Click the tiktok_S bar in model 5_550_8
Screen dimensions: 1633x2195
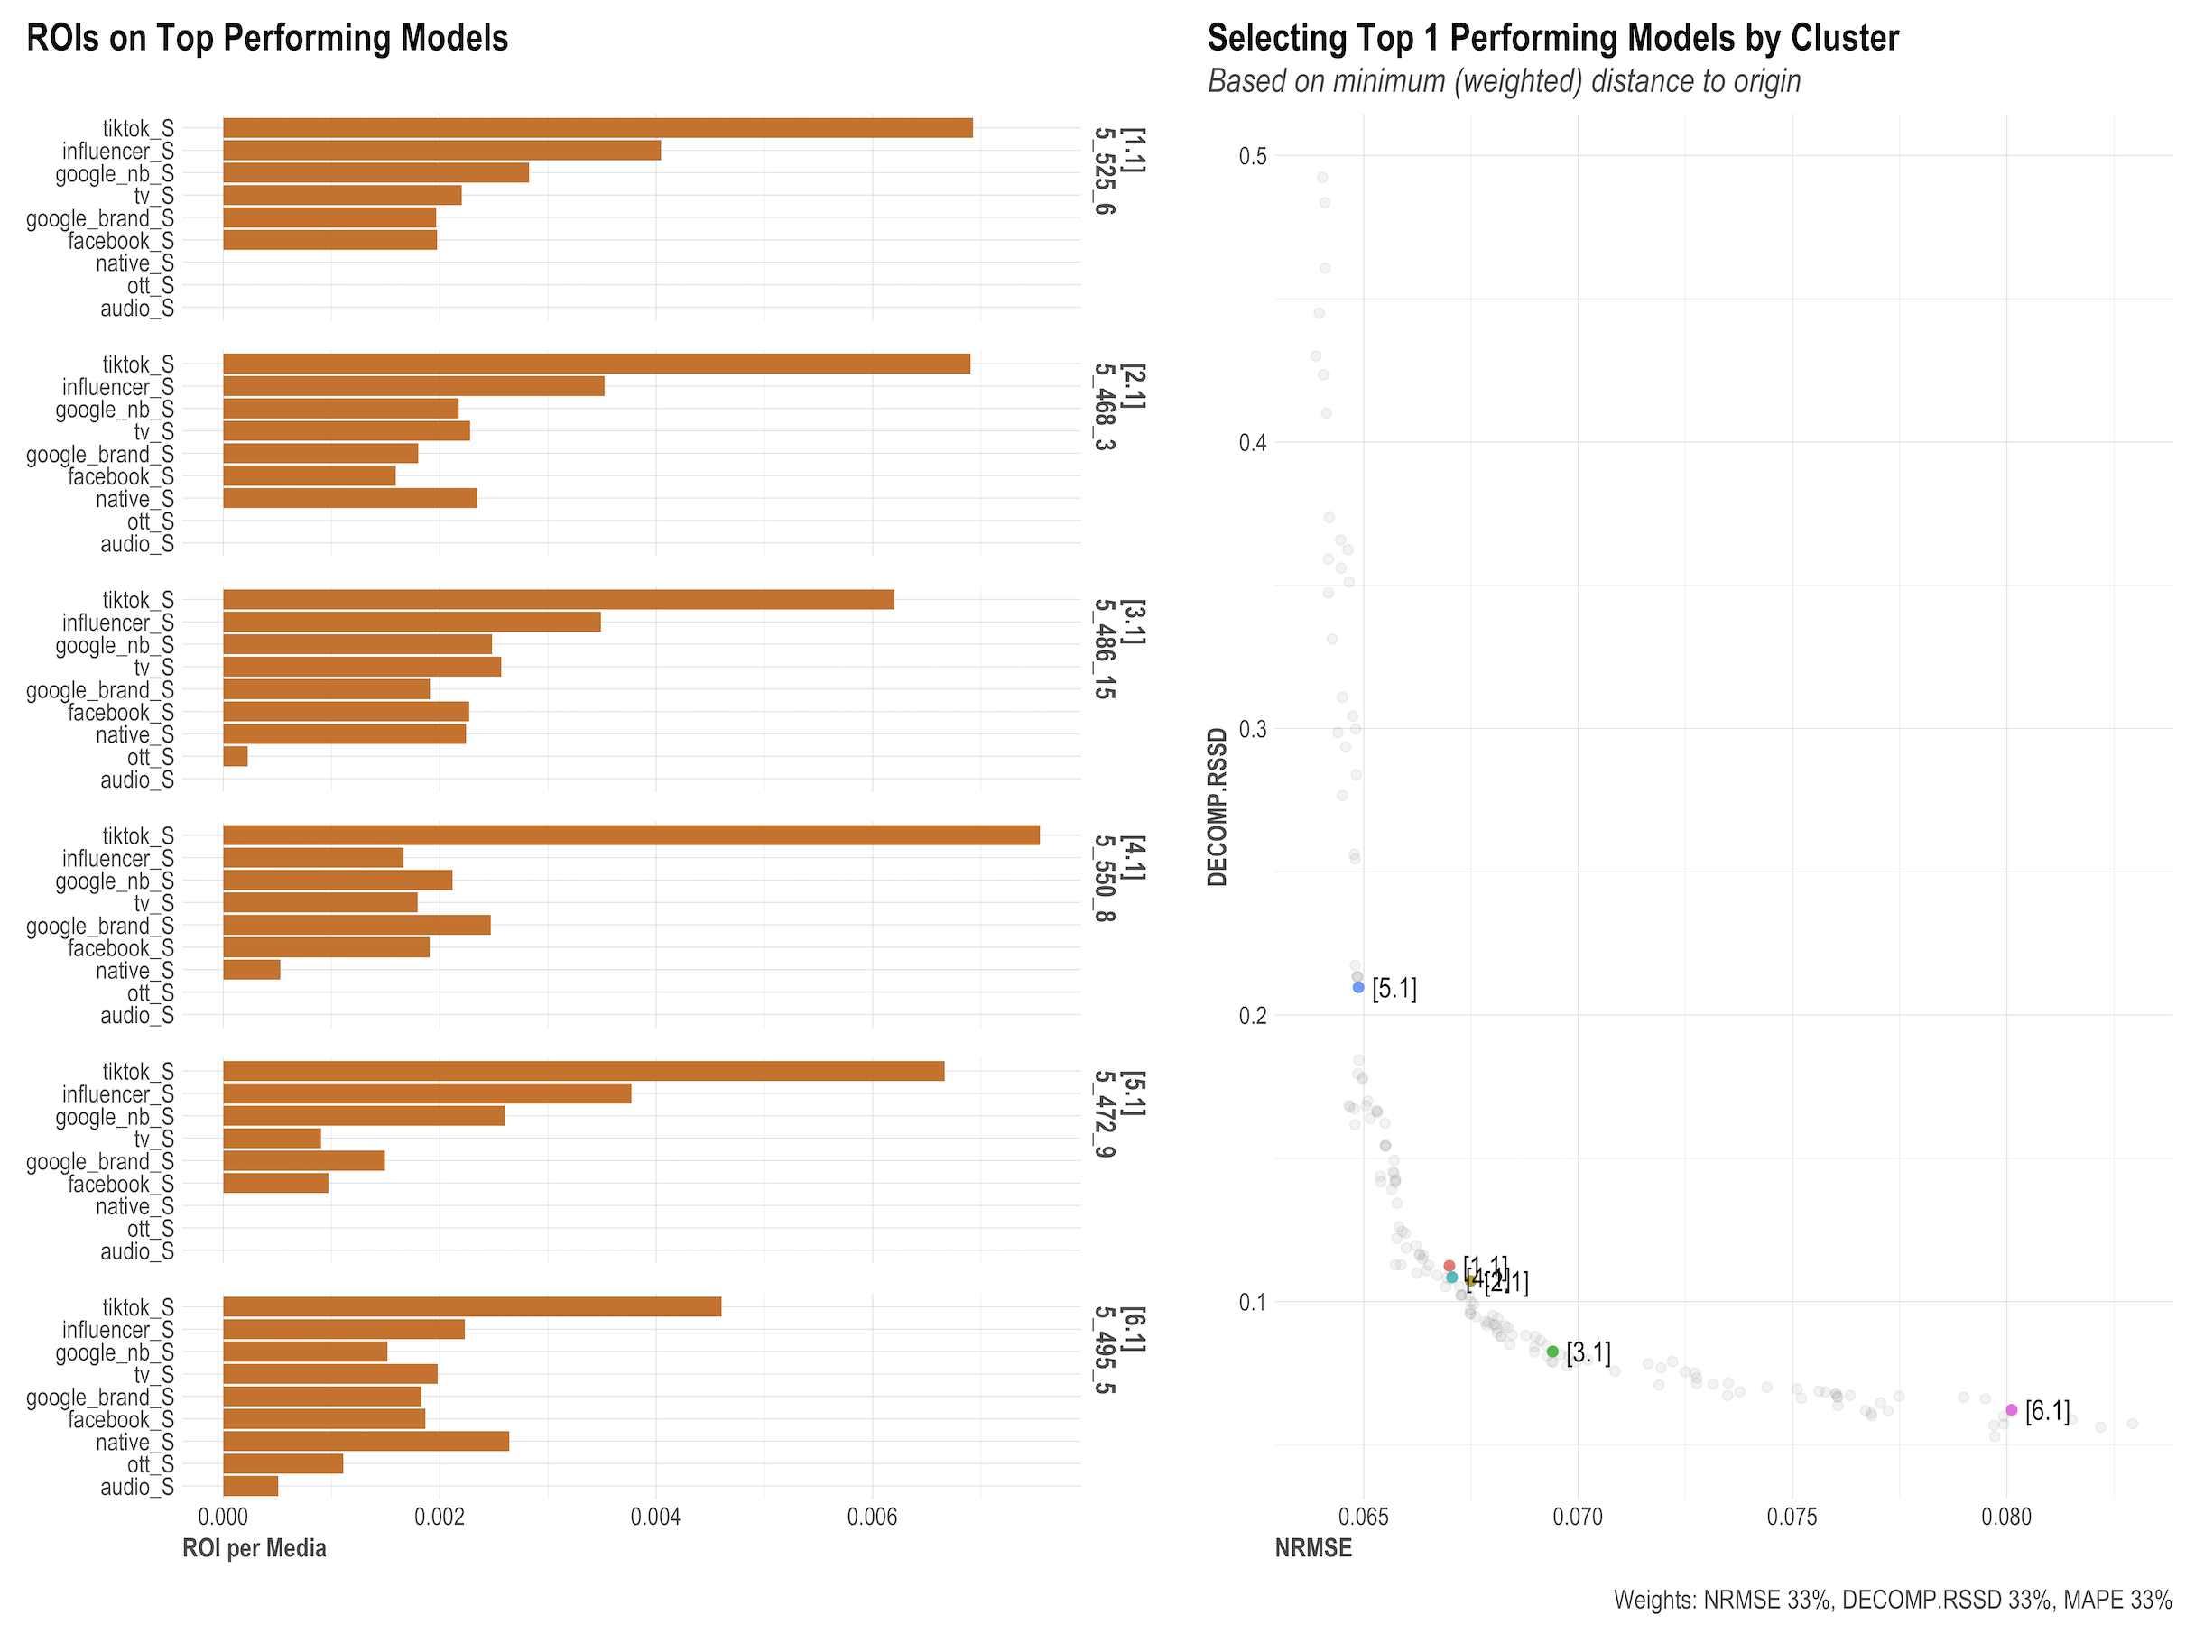(631, 835)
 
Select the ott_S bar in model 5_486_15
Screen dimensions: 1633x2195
(236, 756)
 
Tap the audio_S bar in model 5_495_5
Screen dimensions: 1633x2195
(250, 1486)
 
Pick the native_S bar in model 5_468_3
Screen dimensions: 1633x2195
(350, 498)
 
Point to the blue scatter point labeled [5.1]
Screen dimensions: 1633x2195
(1358, 986)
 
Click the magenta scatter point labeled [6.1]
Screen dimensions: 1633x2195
(2011, 1409)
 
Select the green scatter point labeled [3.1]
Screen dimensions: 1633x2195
(1552, 1352)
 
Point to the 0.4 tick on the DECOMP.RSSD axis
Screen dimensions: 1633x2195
(1253, 442)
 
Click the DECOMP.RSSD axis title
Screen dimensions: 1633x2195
(1218, 807)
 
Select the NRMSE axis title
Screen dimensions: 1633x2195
(1313, 1548)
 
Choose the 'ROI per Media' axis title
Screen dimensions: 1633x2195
(255, 1548)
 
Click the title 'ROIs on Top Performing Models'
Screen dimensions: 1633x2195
(267, 38)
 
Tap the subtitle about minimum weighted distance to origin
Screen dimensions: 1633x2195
(1503, 81)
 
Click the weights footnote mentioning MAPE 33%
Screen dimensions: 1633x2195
(1893, 1600)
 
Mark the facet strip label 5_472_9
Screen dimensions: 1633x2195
(1106, 1113)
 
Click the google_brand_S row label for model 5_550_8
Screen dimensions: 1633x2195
(100, 927)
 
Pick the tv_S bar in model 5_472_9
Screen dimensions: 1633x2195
(272, 1139)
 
